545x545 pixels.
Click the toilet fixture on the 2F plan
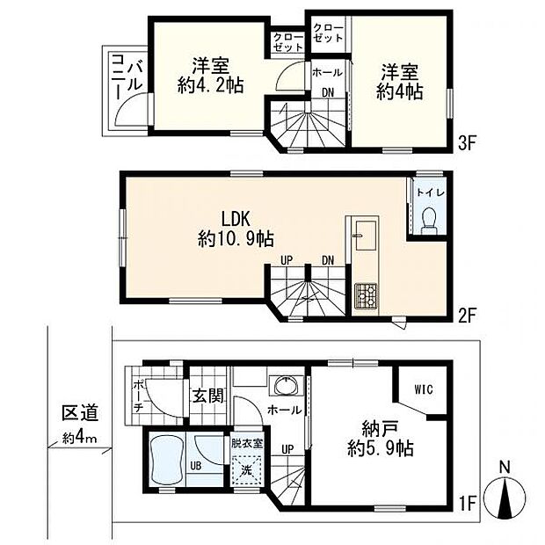(x=428, y=221)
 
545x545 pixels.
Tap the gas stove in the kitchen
(x=366, y=295)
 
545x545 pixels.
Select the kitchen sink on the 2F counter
(x=366, y=236)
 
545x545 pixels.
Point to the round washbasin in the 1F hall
(x=287, y=385)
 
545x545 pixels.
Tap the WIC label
(x=424, y=389)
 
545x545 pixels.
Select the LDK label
(x=236, y=220)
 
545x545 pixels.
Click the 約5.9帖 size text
(x=381, y=448)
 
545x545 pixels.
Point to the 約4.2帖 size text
(x=210, y=84)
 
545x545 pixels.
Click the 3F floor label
(x=467, y=143)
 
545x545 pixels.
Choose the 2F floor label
(x=467, y=315)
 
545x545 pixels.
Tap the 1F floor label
(x=467, y=503)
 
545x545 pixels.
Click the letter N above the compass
(x=505, y=468)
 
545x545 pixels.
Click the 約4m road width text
(x=80, y=439)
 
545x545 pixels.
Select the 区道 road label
(x=80, y=413)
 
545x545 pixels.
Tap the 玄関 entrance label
(x=207, y=396)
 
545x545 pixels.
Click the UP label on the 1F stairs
(x=287, y=449)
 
